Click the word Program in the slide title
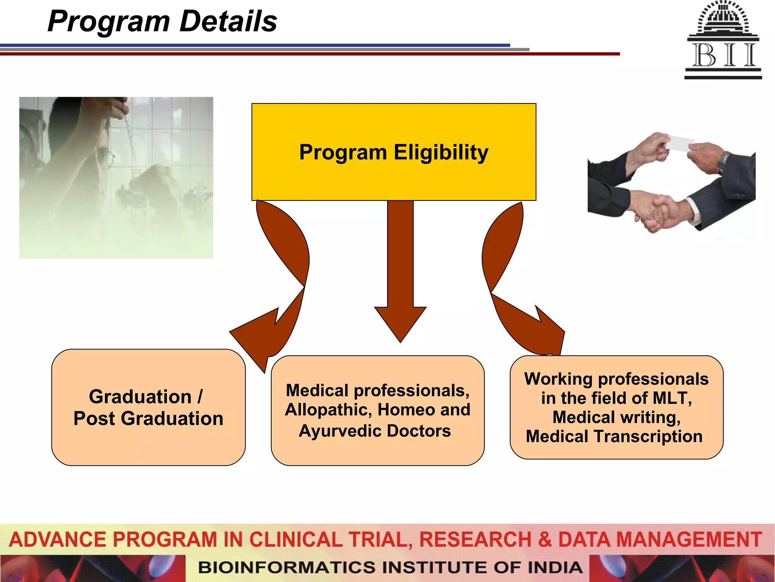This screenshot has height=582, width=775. (109, 22)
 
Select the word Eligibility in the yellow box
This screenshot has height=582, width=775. (441, 153)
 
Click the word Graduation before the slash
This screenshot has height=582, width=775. (140, 397)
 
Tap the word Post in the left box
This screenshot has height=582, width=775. (94, 419)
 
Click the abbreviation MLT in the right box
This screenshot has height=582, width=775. (672, 398)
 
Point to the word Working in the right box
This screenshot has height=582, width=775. (559, 379)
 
